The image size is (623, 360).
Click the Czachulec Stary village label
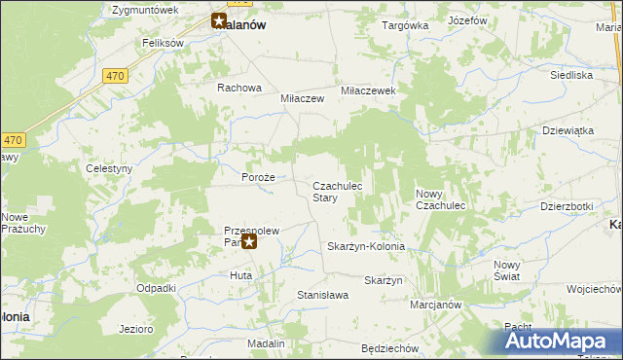[338, 191]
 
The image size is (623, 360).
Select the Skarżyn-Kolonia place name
[365, 247]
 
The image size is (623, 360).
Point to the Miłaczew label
[302, 99]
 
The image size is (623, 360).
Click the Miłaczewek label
[367, 90]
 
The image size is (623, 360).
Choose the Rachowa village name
[239, 88]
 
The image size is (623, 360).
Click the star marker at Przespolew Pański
[249, 241]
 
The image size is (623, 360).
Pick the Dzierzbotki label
[567, 206]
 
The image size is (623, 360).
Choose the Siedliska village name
[571, 74]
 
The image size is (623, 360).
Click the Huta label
[240, 276]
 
